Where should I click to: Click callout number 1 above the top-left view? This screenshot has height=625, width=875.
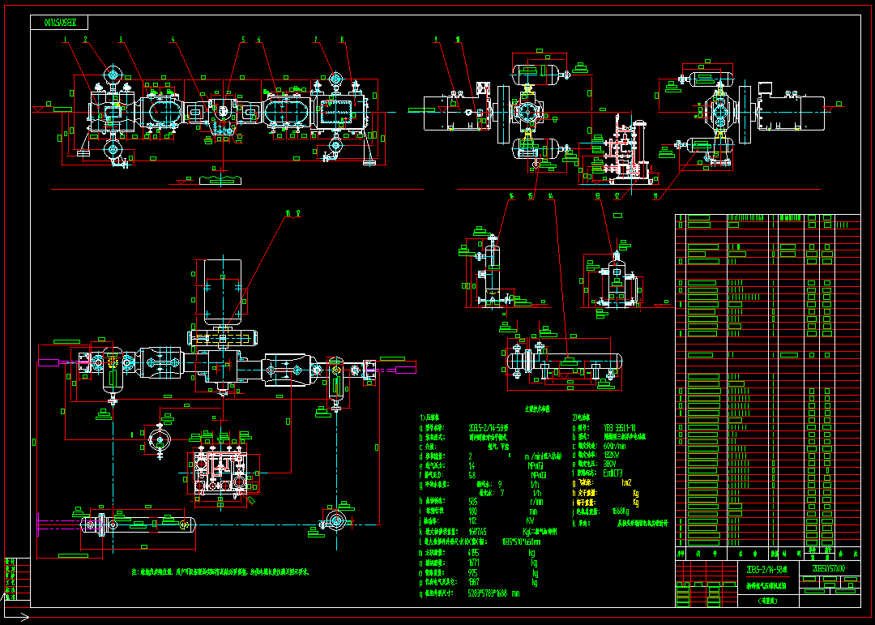point(64,39)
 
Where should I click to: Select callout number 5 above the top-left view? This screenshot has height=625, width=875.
point(242,39)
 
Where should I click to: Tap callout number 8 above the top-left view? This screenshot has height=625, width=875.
point(342,39)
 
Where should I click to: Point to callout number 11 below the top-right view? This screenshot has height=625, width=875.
point(655,195)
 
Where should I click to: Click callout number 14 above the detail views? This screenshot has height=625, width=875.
point(551,195)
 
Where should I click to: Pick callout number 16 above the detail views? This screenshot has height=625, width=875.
point(511,195)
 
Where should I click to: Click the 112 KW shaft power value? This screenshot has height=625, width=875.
point(473,520)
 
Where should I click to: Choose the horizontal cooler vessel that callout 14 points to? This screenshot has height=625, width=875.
point(567,360)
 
